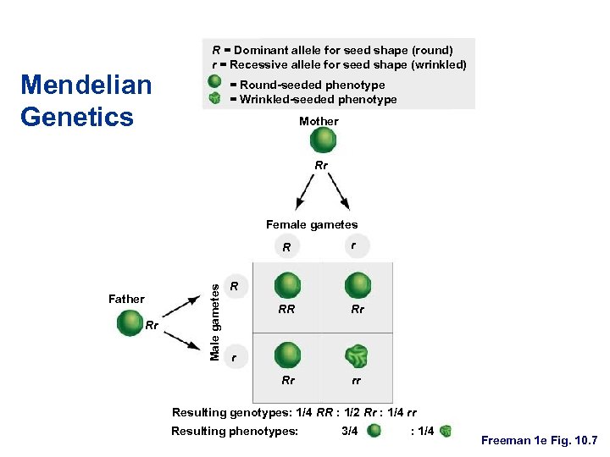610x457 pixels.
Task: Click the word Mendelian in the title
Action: pyautogui.click(x=86, y=85)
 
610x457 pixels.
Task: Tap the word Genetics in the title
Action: pyautogui.click(x=76, y=115)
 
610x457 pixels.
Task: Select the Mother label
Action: pyautogui.click(x=319, y=121)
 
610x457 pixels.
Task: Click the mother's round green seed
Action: pyautogui.click(x=323, y=140)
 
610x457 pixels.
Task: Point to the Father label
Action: pyautogui.click(x=126, y=299)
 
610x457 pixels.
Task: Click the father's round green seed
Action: pyautogui.click(x=130, y=322)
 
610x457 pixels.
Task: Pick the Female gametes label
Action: pyautogui.click(x=312, y=224)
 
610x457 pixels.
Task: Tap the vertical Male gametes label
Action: pyautogui.click(x=215, y=321)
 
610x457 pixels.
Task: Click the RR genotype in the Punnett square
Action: pyautogui.click(x=287, y=310)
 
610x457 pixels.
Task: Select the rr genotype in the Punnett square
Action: pyautogui.click(x=357, y=381)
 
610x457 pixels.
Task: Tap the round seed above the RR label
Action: pyautogui.click(x=288, y=284)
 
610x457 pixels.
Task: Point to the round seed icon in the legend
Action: pyautogui.click(x=215, y=83)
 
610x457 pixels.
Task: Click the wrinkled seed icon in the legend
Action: pyautogui.click(x=215, y=99)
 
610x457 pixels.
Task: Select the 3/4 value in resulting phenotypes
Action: pyautogui.click(x=348, y=431)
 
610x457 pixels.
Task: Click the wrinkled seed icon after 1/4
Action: pyautogui.click(x=446, y=431)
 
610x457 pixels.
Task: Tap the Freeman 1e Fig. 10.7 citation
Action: pyautogui.click(x=540, y=441)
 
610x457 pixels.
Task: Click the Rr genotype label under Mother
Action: pyautogui.click(x=321, y=166)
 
